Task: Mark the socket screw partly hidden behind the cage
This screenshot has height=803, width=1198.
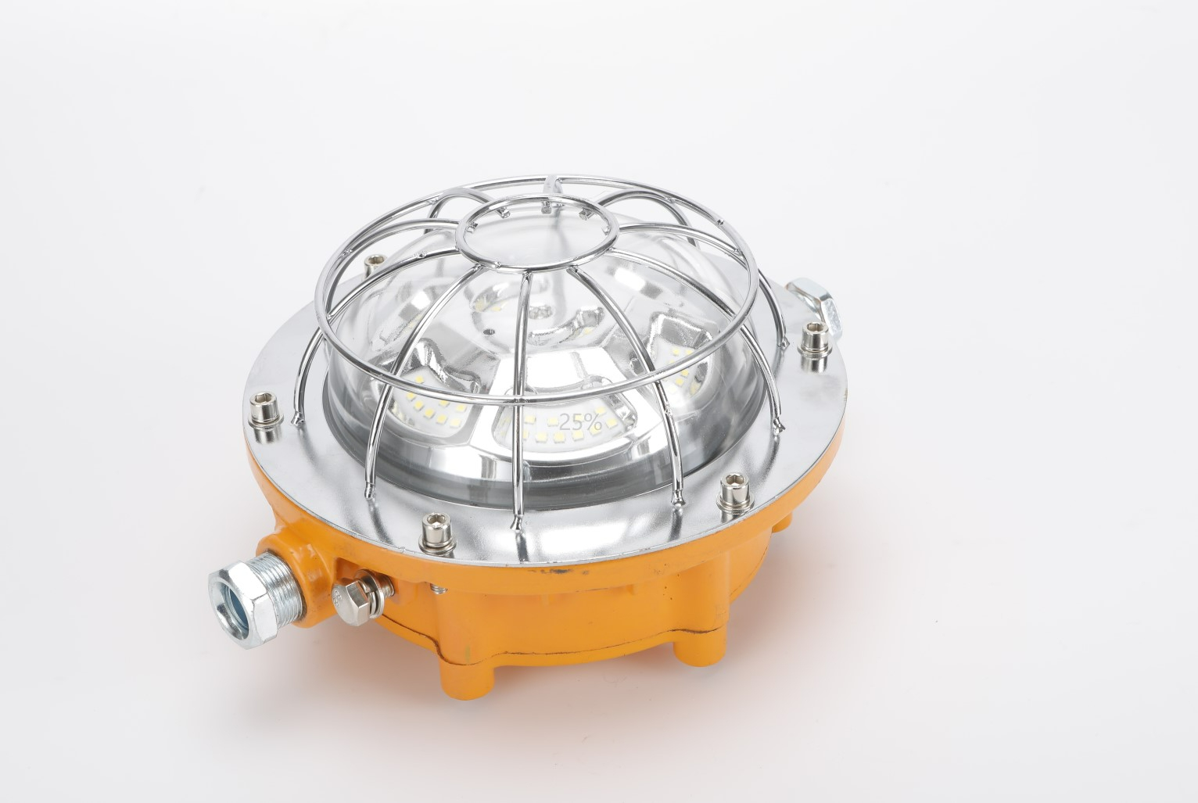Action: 372,268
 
